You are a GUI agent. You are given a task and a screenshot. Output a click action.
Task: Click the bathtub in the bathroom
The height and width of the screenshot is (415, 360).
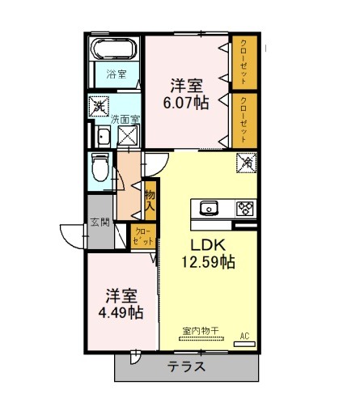point(114,49)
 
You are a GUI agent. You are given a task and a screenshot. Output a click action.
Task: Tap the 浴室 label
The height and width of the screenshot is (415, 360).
point(116,74)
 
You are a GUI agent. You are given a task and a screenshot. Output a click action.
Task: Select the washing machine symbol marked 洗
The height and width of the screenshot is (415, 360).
point(99,107)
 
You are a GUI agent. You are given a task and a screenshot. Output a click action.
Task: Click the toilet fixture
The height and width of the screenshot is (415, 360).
point(100,167)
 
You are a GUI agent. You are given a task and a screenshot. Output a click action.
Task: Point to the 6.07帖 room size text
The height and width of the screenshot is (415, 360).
point(186,103)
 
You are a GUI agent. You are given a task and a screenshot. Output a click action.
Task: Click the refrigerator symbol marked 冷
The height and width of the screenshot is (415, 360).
point(247,163)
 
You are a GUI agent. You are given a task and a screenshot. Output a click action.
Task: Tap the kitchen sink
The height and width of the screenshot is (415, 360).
point(209,208)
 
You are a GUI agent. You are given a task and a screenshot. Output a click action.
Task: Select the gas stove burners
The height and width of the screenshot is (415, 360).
point(246,209)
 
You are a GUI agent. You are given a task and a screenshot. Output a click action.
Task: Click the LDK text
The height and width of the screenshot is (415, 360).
point(208,245)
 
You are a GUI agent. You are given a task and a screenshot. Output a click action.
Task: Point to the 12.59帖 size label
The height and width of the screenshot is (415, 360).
point(208,261)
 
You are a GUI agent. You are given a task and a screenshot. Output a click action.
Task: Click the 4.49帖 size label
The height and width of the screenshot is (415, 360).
point(121,313)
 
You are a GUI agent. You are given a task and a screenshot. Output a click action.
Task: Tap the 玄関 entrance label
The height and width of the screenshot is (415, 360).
point(100,222)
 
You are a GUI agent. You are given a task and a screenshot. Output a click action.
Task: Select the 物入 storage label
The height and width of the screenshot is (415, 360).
point(150,201)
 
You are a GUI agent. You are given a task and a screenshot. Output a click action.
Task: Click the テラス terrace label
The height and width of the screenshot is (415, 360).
point(186,366)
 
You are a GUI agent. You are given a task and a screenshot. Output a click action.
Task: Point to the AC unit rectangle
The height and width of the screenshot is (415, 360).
point(244,344)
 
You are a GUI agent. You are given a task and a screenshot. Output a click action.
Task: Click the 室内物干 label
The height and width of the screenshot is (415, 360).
point(201,331)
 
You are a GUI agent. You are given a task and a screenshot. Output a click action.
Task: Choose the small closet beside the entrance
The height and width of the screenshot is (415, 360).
point(143,236)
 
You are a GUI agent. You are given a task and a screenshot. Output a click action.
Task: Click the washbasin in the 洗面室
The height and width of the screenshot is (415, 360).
point(104,138)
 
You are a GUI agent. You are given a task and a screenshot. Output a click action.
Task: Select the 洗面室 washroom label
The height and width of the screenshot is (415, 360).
point(125,120)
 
